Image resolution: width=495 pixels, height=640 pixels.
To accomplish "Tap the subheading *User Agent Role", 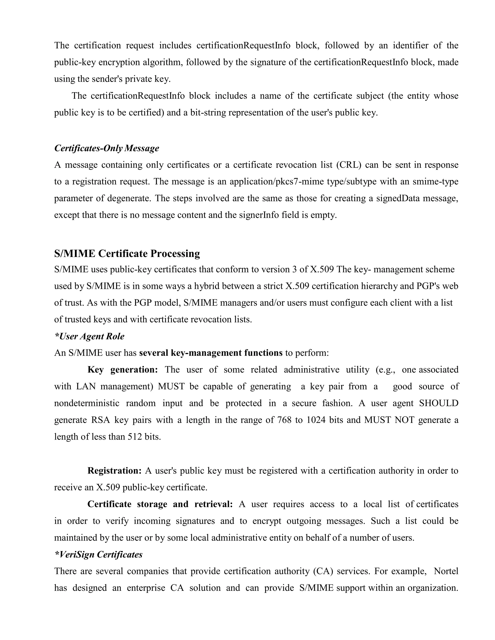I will click(x=89, y=336).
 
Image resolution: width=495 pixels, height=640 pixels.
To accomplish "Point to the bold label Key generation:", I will click(x=123, y=370).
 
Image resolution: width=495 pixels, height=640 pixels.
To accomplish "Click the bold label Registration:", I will click(x=114, y=471).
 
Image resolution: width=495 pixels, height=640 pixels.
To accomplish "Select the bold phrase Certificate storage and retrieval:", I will click(x=160, y=504).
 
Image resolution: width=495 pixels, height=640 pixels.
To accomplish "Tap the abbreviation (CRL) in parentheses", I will click(x=349, y=165).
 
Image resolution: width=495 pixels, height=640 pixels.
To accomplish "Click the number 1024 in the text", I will click(x=316, y=420).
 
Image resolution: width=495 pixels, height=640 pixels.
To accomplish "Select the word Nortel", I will click(x=446, y=571).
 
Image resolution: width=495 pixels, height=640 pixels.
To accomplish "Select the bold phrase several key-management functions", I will click(x=211, y=353).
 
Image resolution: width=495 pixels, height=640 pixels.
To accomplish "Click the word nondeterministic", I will click(x=87, y=403).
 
